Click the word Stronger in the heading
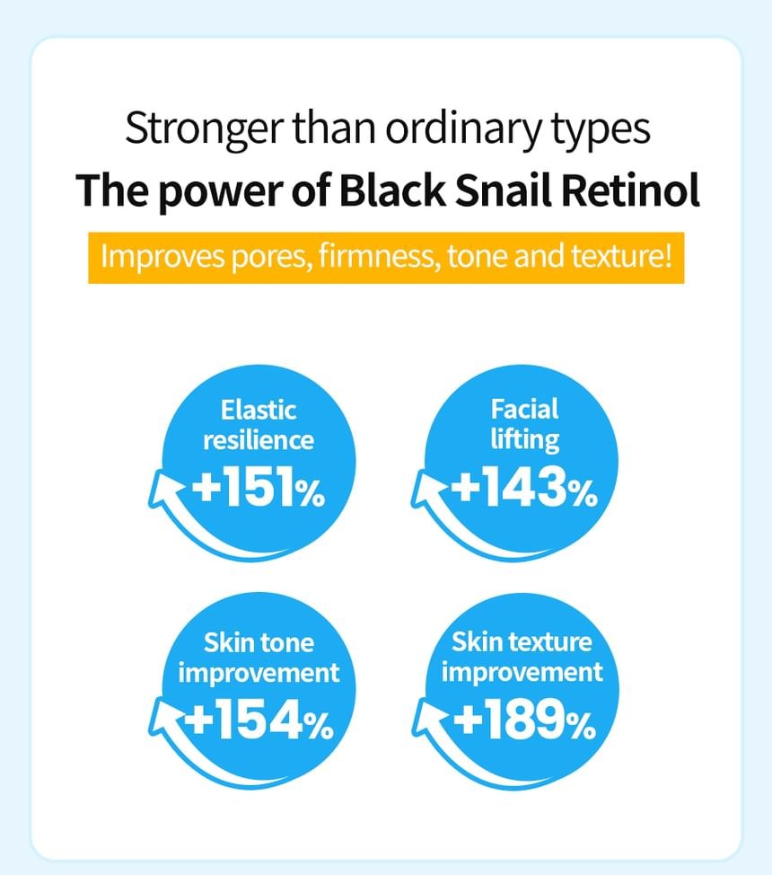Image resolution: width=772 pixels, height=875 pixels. [x=204, y=129]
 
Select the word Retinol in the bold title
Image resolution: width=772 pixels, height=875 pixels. [x=630, y=190]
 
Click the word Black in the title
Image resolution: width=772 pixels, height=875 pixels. [x=392, y=190]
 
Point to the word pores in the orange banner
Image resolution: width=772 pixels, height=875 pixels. [x=270, y=258]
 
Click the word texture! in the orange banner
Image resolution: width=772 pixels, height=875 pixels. [x=621, y=257]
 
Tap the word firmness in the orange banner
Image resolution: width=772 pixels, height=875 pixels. [x=378, y=257]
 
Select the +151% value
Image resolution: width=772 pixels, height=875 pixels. [x=259, y=487]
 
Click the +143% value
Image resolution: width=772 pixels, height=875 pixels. [x=523, y=487]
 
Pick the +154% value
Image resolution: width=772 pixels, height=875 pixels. [x=259, y=720]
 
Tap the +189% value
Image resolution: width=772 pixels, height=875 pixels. [x=524, y=720]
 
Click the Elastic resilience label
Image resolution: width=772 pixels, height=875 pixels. [x=259, y=425]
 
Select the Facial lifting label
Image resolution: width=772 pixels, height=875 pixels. [x=524, y=424]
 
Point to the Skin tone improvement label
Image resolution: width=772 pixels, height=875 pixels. [x=259, y=658]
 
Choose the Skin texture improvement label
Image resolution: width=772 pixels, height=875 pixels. [x=522, y=657]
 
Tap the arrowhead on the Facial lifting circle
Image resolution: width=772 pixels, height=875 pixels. [x=428, y=489]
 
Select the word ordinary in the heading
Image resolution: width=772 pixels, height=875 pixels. [x=463, y=129]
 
